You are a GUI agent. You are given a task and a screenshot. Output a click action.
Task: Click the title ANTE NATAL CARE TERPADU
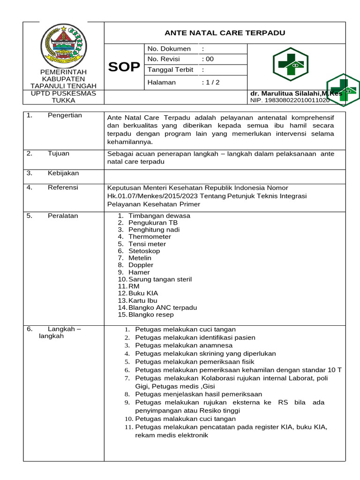coord(225,33)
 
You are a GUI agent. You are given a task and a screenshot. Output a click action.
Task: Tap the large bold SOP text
coord(124,67)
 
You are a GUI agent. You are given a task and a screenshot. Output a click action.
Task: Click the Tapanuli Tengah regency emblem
coord(63,45)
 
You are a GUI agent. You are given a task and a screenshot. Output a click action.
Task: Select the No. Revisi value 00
coord(208,59)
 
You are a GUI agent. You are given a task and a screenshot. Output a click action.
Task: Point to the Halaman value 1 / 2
coord(210,82)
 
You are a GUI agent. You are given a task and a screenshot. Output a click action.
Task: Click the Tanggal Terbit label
coord(170,70)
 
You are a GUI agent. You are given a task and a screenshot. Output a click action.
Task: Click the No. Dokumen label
coord(169,49)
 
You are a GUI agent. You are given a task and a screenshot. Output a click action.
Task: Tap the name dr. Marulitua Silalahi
coord(296,93)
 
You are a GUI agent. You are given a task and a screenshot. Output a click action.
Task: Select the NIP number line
coord(290,100)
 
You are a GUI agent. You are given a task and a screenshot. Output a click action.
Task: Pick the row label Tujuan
coord(58,153)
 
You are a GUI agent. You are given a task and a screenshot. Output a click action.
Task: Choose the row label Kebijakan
coord(63,173)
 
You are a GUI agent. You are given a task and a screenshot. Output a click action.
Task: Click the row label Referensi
coord(63,187)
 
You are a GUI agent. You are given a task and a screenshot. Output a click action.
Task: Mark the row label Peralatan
coord(63,216)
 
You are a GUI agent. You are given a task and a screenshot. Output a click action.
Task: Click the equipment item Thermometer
coord(147,237)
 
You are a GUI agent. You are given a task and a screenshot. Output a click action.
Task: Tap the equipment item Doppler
coord(141,265)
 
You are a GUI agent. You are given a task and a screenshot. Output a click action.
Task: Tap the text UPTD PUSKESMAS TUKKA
coord(63,97)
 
